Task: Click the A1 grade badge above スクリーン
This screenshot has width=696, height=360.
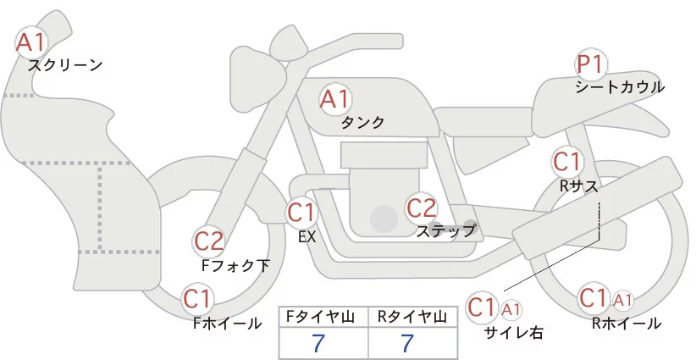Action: pyautogui.click(x=32, y=42)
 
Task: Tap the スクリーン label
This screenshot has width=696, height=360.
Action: pyautogui.click(x=65, y=65)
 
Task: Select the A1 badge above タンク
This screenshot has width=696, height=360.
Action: pyautogui.click(x=334, y=99)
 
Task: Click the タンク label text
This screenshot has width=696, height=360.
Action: pyautogui.click(x=362, y=123)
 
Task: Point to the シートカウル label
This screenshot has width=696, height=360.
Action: pyautogui.click(x=619, y=87)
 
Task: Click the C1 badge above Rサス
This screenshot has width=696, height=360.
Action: pyautogui.click(x=566, y=161)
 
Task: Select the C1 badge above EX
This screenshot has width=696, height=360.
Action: pyautogui.click(x=301, y=212)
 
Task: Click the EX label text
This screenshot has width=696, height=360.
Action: pyautogui.click(x=307, y=237)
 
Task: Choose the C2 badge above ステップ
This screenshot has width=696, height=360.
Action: pyautogui.click(x=421, y=207)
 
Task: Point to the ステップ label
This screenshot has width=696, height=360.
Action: pyautogui.click(x=446, y=230)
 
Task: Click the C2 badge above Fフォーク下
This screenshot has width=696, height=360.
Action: pyautogui.click(x=209, y=242)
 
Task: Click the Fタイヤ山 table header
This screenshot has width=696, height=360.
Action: pyautogui.click(x=325, y=317)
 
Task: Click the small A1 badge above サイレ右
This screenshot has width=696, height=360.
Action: pyautogui.click(x=511, y=308)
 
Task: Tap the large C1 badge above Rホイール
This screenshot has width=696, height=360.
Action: pyautogui.click(x=594, y=299)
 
